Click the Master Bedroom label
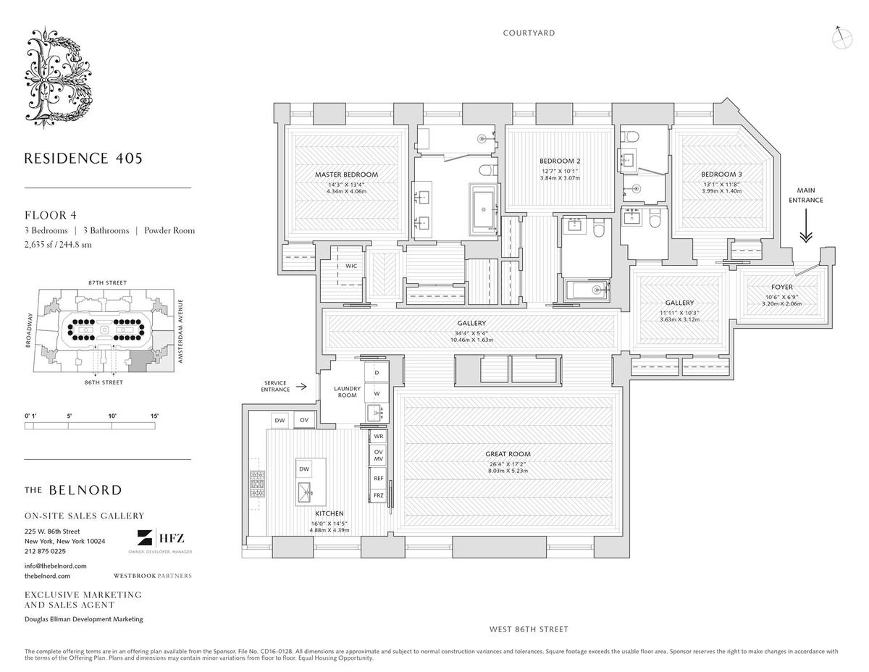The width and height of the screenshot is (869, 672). point(346,175)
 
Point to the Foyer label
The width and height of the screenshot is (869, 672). point(782,287)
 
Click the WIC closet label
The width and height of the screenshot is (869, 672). point(351,266)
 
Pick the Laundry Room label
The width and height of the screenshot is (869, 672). point(347,392)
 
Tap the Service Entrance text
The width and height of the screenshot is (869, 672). point(275,386)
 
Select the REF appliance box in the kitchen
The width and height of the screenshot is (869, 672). point(378,479)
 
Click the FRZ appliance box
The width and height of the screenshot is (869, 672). point(378,495)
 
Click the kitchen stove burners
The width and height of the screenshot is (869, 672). point(257,483)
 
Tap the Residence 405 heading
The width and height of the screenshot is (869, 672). point(83,157)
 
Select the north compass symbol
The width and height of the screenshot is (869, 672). point(841,38)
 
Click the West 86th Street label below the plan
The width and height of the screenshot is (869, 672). point(529,629)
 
